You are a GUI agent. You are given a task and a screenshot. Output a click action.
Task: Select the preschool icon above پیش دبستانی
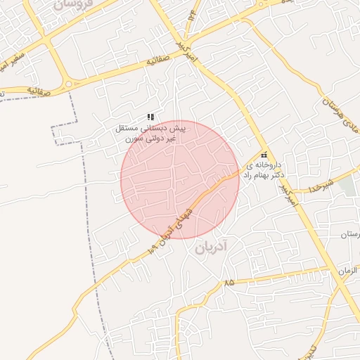click(x=150, y=117)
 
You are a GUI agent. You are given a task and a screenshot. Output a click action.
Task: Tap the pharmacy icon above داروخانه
click(x=264, y=155)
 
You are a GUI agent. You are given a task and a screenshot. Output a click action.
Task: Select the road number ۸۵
click(x=228, y=282)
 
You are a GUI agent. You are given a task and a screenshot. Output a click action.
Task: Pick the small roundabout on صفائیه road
click(x=68, y=84)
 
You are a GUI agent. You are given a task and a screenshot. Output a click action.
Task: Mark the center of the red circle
click(x=180, y=180)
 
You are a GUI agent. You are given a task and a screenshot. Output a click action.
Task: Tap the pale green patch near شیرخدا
click(x=349, y=185)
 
